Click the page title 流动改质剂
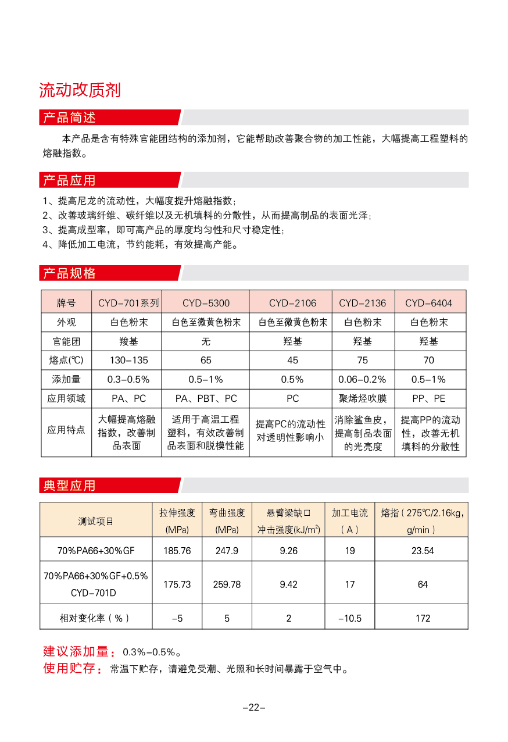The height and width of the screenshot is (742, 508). click(80, 91)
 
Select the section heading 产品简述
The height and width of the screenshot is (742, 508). click(69, 117)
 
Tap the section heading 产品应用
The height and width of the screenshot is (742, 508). click(69, 180)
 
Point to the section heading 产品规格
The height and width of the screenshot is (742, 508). click(69, 273)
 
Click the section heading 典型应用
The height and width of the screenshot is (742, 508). click(69, 486)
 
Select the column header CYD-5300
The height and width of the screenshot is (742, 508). click(206, 303)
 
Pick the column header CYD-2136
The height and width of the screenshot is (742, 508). click(362, 303)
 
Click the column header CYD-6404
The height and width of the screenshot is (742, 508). click(428, 303)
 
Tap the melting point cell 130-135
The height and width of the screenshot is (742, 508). click(128, 361)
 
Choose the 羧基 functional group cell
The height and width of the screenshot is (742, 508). click(128, 341)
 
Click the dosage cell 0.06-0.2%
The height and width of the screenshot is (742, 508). click(362, 380)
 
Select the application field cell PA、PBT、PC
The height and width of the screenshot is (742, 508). click(206, 399)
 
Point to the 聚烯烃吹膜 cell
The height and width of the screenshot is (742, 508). click(362, 399)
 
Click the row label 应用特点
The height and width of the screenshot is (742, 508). click(66, 430)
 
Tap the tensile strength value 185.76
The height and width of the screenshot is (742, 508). click(177, 551)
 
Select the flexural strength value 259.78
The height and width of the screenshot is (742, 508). click(227, 584)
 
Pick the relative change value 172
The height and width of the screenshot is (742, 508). click(423, 618)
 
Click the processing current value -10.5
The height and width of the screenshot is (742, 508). click(349, 618)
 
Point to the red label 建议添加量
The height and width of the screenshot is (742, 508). click(76, 652)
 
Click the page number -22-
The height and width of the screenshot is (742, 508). click(254, 708)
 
